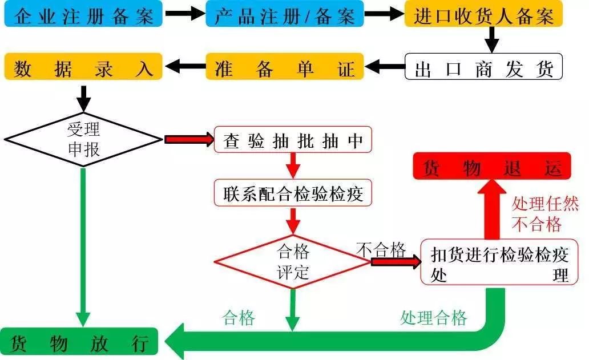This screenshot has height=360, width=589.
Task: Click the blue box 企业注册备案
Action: (84, 15)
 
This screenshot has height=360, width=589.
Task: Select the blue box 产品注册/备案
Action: (284, 15)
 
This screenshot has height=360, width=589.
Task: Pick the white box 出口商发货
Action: (483, 68)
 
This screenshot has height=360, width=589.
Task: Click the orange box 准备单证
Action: (284, 68)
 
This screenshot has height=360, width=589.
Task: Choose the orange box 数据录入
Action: (84, 68)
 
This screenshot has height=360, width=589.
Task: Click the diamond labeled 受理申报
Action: (84, 139)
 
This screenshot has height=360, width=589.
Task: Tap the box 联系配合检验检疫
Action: (293, 193)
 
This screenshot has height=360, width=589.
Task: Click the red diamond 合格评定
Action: (293, 262)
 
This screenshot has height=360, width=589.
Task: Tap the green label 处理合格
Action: (434, 318)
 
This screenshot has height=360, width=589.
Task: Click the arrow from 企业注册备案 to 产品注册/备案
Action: (184, 15)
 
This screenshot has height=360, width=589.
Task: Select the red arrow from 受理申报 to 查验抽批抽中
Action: (189, 140)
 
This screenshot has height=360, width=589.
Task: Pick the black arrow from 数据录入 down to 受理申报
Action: (84, 97)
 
